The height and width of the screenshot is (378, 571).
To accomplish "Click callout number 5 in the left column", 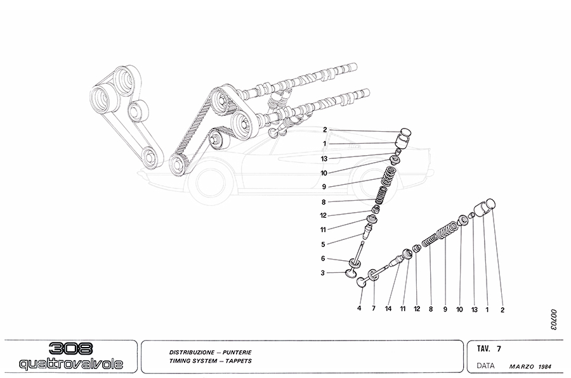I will (x=323, y=244).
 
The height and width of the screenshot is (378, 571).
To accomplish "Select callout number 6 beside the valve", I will (x=323, y=258).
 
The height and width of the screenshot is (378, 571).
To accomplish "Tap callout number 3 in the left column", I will (x=323, y=273).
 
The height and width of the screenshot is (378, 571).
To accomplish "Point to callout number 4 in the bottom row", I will (x=359, y=309).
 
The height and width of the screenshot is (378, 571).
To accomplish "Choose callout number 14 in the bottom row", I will (x=388, y=309).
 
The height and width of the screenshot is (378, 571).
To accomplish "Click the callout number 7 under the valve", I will (x=373, y=309).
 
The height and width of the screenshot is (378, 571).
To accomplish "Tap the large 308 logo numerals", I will (x=71, y=349).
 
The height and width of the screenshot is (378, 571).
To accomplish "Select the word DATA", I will (x=485, y=366).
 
